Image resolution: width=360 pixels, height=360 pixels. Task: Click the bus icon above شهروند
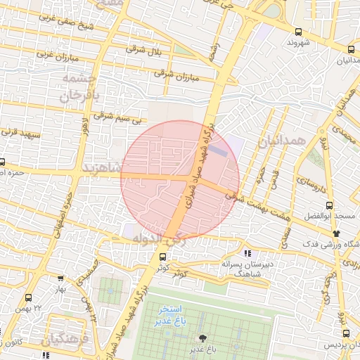click(299, 32)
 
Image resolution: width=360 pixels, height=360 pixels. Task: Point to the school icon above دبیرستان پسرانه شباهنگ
click(247, 252)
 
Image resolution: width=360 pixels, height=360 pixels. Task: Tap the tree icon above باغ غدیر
click(204, 338)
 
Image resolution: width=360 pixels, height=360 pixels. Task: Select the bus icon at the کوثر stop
click(163, 257)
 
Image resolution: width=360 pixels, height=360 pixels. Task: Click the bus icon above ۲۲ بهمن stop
click(28, 297)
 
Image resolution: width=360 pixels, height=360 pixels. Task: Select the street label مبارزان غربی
click(51, 53)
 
